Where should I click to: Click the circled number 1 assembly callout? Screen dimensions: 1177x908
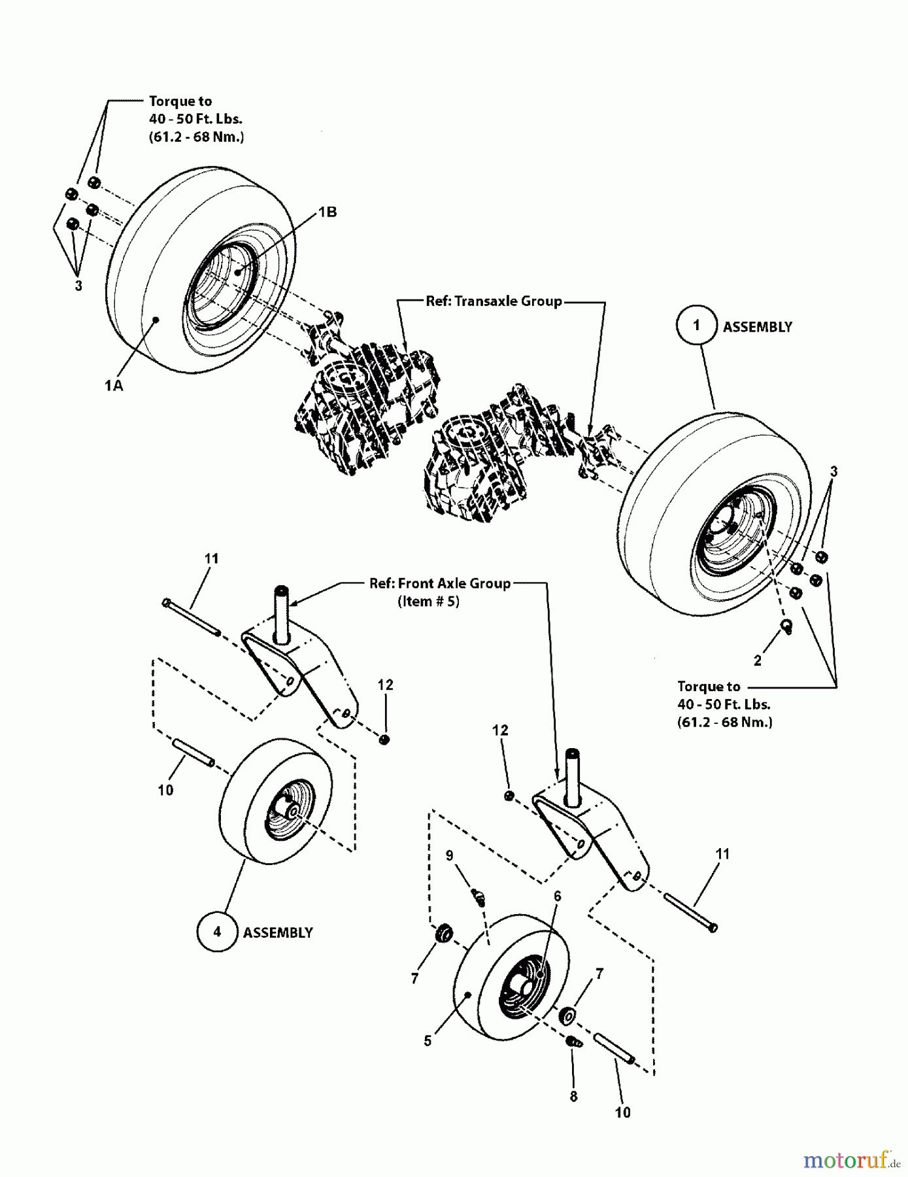(696, 326)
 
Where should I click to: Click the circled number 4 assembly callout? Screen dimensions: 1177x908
(217, 931)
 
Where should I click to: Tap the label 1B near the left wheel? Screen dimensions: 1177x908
(328, 212)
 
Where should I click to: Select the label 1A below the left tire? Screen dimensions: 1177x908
(114, 386)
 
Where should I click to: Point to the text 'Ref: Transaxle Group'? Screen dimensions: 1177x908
(494, 301)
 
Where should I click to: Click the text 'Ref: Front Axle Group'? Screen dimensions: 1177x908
(439, 583)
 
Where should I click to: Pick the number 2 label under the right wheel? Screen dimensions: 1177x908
(758, 660)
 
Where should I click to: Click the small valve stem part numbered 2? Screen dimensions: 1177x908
(787, 626)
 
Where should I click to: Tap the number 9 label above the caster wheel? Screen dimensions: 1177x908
(449, 855)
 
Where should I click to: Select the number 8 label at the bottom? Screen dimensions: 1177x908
(573, 1097)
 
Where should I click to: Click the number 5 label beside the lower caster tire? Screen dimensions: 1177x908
(428, 1040)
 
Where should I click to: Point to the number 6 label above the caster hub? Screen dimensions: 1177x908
(557, 896)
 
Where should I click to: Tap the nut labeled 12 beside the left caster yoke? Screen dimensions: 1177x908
(385, 739)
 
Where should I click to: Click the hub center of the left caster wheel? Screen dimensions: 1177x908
(293, 811)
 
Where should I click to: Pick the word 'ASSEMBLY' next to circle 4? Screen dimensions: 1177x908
(278, 932)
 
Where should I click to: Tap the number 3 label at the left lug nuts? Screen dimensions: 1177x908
(78, 286)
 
